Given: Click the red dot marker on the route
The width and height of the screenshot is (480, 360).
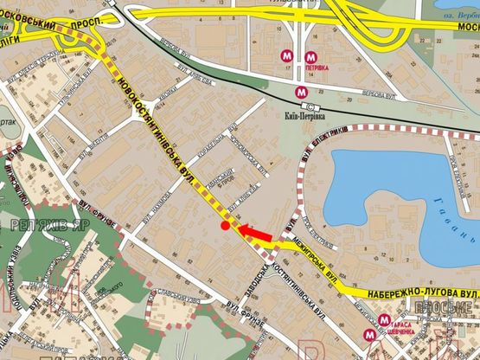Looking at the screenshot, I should tap(225, 226).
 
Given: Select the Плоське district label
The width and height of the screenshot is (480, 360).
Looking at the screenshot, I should tap(453, 308).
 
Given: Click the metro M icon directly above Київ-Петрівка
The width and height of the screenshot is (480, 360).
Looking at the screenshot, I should tap(301, 90).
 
